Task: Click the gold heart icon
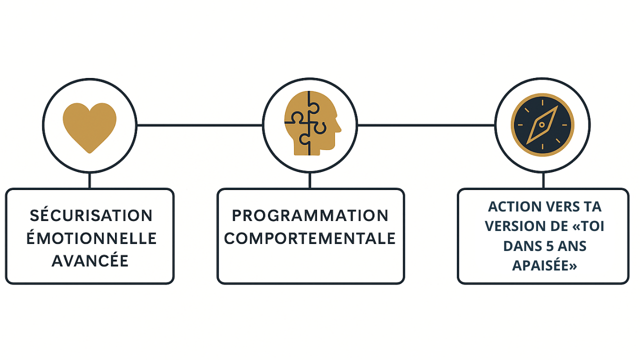click(x=89, y=126)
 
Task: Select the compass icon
click(x=542, y=125)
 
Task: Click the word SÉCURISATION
click(x=91, y=215)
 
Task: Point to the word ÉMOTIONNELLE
click(x=91, y=238)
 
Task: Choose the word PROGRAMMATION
click(x=310, y=215)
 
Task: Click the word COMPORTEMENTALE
click(x=310, y=238)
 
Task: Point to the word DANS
click(x=521, y=246)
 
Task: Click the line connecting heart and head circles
click(x=199, y=125)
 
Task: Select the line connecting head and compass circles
click(x=426, y=125)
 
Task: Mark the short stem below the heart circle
click(x=89, y=180)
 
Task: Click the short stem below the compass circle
click(x=543, y=180)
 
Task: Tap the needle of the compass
click(x=542, y=125)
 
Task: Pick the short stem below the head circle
click(x=310, y=180)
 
